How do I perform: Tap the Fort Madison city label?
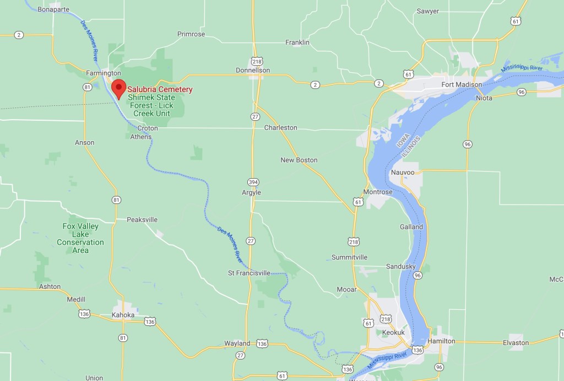[x=462, y=84]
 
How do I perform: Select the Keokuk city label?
[x=393, y=332]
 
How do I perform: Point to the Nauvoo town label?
[x=402, y=172]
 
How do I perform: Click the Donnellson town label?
[x=253, y=71]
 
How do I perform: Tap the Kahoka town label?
[x=123, y=315]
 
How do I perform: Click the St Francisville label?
[x=249, y=272]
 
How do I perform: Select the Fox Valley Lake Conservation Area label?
[x=80, y=238]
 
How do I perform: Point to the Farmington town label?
[x=104, y=73]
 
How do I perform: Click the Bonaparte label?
[x=55, y=10]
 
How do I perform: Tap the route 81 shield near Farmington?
[x=87, y=87]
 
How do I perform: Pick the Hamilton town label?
[x=441, y=341]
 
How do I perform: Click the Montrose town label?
[x=378, y=192]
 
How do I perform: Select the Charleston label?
[x=280, y=127]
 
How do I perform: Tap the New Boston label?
[x=299, y=160]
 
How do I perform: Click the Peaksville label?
[x=142, y=219]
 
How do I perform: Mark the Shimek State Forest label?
[x=150, y=105]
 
